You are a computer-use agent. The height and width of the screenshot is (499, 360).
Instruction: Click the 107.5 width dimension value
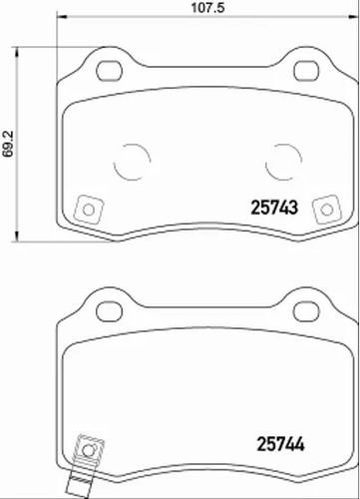(x=207, y=7)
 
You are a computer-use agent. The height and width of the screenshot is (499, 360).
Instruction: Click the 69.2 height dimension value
(x=8, y=144)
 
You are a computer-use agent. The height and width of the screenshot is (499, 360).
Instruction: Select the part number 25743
(x=274, y=208)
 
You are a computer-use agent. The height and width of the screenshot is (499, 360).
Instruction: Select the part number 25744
(x=281, y=444)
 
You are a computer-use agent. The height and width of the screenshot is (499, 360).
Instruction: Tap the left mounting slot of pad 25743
(x=109, y=71)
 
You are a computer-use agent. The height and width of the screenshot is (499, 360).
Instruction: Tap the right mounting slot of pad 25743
(x=306, y=71)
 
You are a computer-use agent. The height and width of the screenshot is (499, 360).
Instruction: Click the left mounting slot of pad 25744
(x=109, y=311)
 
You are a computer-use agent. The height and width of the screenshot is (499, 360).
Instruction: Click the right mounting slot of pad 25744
(x=306, y=311)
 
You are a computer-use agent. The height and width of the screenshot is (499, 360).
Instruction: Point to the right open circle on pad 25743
(x=301, y=160)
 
